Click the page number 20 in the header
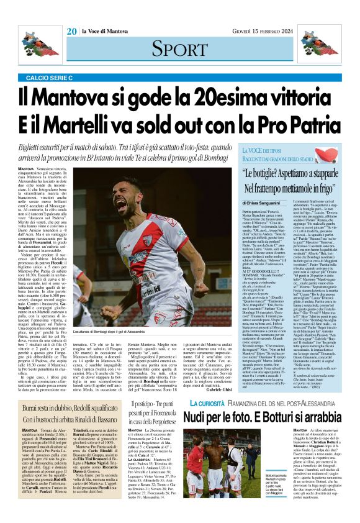tap(71, 32)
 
